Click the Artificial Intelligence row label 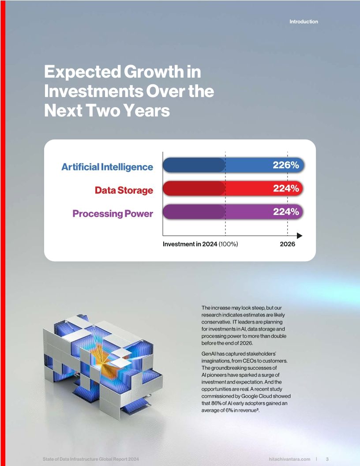pos(107,167)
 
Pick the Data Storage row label pos(124,191)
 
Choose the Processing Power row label pos(112,214)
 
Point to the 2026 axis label pos(287,244)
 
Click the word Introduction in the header pos(304,22)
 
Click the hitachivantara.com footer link pos(289,459)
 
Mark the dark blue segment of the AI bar pos(194,165)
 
